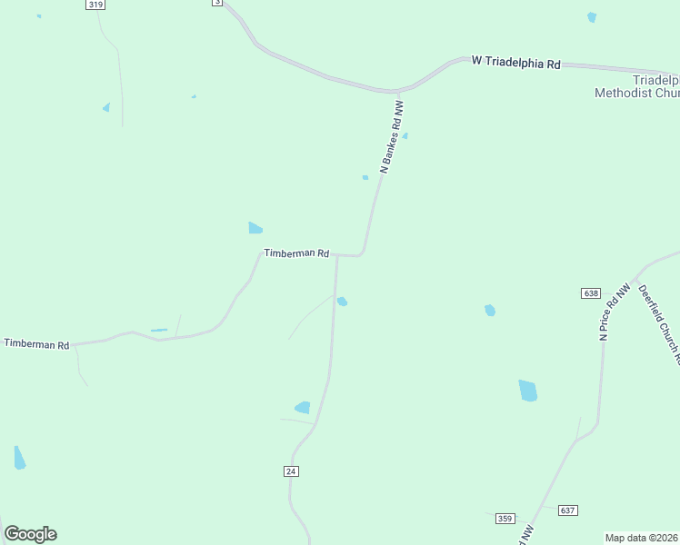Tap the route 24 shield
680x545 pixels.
[291, 471]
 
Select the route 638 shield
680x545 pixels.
[591, 293]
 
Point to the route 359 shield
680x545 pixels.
[505, 518]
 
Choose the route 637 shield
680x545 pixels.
[568, 510]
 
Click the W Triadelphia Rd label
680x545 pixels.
[515, 62]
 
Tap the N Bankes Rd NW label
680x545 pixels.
[391, 137]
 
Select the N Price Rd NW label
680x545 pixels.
[615, 312]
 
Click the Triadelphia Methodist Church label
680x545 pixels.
[636, 86]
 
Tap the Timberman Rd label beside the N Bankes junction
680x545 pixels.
[295, 253]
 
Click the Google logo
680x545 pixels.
[30, 534]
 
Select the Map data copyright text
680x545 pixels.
[642, 537]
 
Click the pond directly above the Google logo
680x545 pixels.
[19, 458]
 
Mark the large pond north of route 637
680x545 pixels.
[527, 391]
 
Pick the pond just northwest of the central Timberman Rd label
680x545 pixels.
[255, 228]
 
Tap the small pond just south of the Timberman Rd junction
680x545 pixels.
[342, 302]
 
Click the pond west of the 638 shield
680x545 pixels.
[490, 311]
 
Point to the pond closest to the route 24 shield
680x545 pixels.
[303, 408]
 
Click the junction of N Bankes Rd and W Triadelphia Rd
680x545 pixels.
[396, 92]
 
